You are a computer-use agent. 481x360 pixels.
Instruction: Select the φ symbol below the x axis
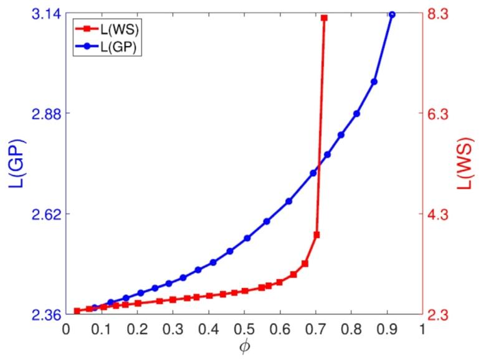[x=245, y=346]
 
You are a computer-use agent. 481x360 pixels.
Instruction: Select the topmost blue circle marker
[x=392, y=14]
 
